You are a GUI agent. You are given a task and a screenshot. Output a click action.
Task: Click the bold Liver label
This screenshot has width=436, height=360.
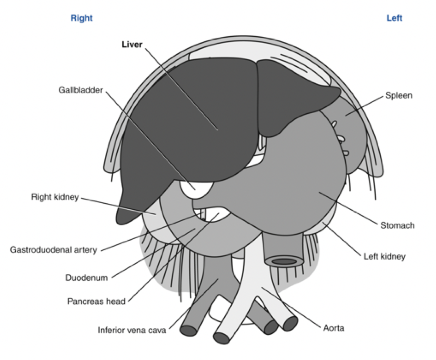pyautogui.click(x=132, y=44)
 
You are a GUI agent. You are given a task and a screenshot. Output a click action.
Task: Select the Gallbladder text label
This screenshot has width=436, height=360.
pyautogui.click(x=80, y=90)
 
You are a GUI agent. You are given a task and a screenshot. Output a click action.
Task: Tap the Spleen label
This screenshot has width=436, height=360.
pyautogui.click(x=399, y=96)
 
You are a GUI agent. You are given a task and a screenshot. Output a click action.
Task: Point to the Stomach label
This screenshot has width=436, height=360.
pyautogui.click(x=397, y=225)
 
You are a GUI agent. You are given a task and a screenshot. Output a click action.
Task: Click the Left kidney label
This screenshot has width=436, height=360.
pyautogui.click(x=385, y=256)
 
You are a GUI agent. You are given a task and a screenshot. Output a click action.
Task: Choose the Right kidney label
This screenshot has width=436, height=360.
pyautogui.click(x=55, y=197)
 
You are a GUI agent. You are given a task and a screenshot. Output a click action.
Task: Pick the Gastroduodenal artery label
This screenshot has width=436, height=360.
pyautogui.click(x=53, y=250)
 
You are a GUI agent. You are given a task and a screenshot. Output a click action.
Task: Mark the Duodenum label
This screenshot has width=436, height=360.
pyautogui.click(x=86, y=277)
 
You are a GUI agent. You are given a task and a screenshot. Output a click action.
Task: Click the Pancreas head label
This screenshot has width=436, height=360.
pyautogui.click(x=96, y=301)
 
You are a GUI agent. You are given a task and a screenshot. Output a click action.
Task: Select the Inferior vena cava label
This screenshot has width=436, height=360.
pyautogui.click(x=132, y=330)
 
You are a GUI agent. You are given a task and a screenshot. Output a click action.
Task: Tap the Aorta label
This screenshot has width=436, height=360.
pyautogui.click(x=333, y=328)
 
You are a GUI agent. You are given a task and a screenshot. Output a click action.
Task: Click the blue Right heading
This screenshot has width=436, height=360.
pyautogui.click(x=81, y=18)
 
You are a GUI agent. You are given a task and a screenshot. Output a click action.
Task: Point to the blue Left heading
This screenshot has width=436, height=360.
pyautogui.click(x=394, y=18)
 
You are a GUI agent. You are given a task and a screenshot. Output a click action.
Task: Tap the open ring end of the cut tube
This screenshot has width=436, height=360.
pyautogui.click(x=284, y=261)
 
